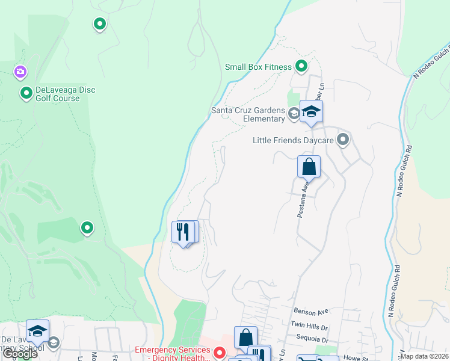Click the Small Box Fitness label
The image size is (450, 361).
click(258, 67)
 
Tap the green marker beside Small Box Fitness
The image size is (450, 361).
click(301, 67)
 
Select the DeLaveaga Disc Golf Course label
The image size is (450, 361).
click(66, 94)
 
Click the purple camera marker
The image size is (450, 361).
click(20, 73)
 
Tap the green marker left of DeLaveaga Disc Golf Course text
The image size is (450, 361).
click(26, 93)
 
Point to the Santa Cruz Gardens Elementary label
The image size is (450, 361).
click(247, 114)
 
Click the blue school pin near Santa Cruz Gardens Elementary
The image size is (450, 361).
click(311, 111)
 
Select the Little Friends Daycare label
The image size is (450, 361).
click(293, 141)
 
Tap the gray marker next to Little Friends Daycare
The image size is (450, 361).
click(343, 141)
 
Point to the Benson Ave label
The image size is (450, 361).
click(311, 312)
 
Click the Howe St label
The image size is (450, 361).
click(356, 357)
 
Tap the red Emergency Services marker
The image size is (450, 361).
click(220, 352)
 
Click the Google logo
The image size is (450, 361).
click(20, 354)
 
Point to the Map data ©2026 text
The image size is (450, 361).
click(424, 356)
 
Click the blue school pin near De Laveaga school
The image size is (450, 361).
click(37, 332)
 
